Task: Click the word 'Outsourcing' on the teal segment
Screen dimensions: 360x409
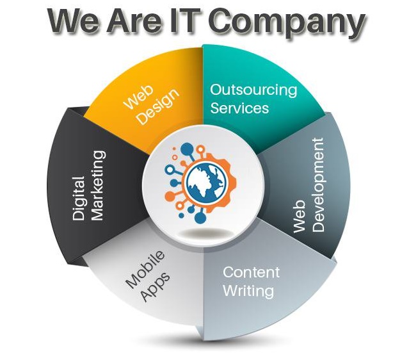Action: pyautogui.click(x=254, y=90)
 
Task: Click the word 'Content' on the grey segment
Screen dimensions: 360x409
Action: pyautogui.click(x=251, y=272)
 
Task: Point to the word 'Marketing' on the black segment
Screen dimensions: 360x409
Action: pyautogui.click(x=97, y=186)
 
